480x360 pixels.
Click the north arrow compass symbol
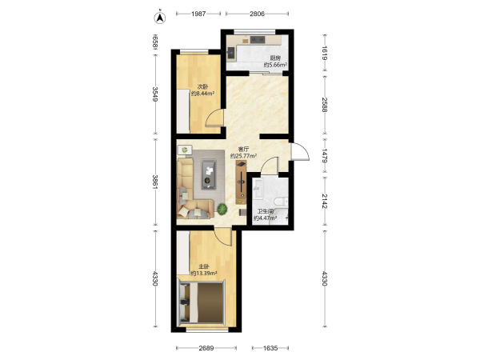pyautogui.click(x=159, y=18)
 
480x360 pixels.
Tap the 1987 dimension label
pyautogui.click(x=198, y=14)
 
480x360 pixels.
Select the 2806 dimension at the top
pyautogui.click(x=257, y=14)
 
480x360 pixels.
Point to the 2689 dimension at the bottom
pyautogui.click(x=206, y=348)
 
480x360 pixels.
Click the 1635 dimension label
pyautogui.click(x=270, y=348)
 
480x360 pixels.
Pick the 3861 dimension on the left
pyautogui.click(x=155, y=182)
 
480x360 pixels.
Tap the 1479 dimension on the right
pyautogui.click(x=325, y=156)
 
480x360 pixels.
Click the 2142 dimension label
pyautogui.click(x=325, y=201)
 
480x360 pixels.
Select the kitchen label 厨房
pyautogui.click(x=275, y=58)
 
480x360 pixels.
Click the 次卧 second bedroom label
pyautogui.click(x=202, y=86)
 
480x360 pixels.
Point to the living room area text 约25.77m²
pyautogui.click(x=243, y=156)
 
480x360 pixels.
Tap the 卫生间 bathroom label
pyautogui.click(x=265, y=211)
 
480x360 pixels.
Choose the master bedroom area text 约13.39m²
pyautogui.click(x=204, y=274)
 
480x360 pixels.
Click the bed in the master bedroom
pyautogui.click(x=202, y=302)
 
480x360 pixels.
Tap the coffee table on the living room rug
pyautogui.click(x=209, y=174)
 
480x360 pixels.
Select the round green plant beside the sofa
pyautogui.click(x=222, y=209)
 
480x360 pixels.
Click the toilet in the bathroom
pyautogui.click(x=281, y=201)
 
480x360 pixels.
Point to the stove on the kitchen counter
pyautogui.click(x=258, y=39)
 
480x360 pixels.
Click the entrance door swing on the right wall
pyautogui.click(x=300, y=151)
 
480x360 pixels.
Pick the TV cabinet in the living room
pyautogui.click(x=242, y=182)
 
